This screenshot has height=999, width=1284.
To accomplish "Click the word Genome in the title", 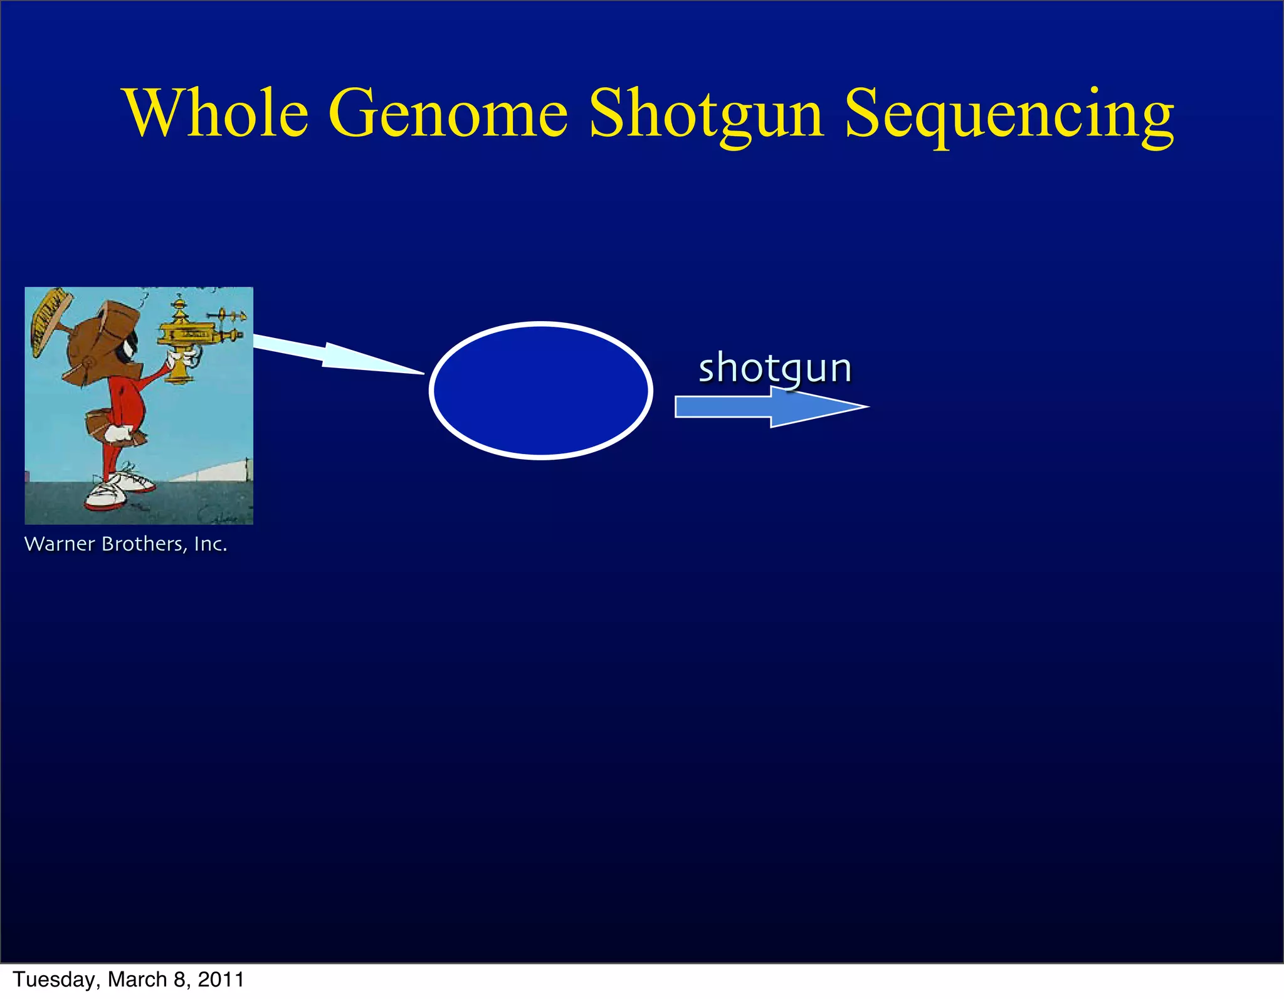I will click(x=448, y=114).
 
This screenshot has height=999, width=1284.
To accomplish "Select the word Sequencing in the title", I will click(x=1009, y=115).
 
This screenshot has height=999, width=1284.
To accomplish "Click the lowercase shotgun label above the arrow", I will click(x=775, y=368).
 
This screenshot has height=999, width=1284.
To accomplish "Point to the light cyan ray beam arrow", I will click(x=332, y=355).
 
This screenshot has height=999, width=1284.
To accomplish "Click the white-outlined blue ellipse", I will click(x=541, y=390).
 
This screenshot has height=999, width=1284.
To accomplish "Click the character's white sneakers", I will click(x=119, y=489).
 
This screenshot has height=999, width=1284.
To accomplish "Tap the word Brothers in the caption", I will click(x=143, y=544).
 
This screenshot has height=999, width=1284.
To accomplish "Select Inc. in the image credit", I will click(x=210, y=544).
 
